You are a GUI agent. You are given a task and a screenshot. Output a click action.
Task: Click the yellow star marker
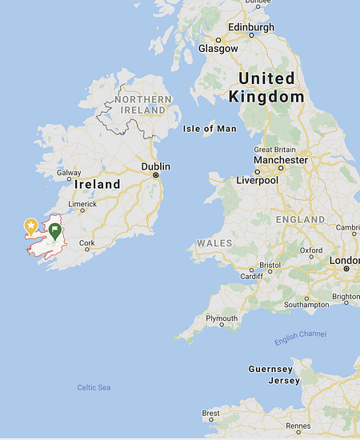[x=31, y=226]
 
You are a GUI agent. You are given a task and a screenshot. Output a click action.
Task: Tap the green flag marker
[x=54, y=231]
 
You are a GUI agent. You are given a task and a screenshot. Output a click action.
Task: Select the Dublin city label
[x=156, y=166]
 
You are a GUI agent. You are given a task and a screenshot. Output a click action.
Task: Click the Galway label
[x=69, y=173]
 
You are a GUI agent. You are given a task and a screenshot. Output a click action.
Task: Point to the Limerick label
[x=82, y=204]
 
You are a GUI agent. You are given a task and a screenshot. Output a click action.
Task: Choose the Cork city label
[x=86, y=242]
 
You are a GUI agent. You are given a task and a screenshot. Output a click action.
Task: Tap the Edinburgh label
[x=250, y=26]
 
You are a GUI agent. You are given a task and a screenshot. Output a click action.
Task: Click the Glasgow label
[x=218, y=48]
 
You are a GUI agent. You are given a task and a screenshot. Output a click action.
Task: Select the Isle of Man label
[x=210, y=128]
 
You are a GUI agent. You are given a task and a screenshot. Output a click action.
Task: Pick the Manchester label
[x=280, y=160]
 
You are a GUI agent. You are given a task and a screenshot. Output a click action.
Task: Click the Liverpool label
[x=257, y=180]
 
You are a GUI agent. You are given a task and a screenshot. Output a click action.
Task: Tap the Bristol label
[x=270, y=264]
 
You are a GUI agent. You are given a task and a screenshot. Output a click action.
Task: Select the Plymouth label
[x=222, y=318]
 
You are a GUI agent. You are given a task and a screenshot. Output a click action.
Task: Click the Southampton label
[x=306, y=304]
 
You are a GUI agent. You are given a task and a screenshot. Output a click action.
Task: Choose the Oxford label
[x=311, y=250]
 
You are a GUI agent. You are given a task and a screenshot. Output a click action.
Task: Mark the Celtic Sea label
[x=94, y=387]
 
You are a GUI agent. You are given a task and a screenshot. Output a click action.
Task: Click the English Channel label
[x=300, y=338]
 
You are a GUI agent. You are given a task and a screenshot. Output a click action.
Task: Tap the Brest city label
[x=211, y=414]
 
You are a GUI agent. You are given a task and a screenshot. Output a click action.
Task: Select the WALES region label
[x=214, y=242]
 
